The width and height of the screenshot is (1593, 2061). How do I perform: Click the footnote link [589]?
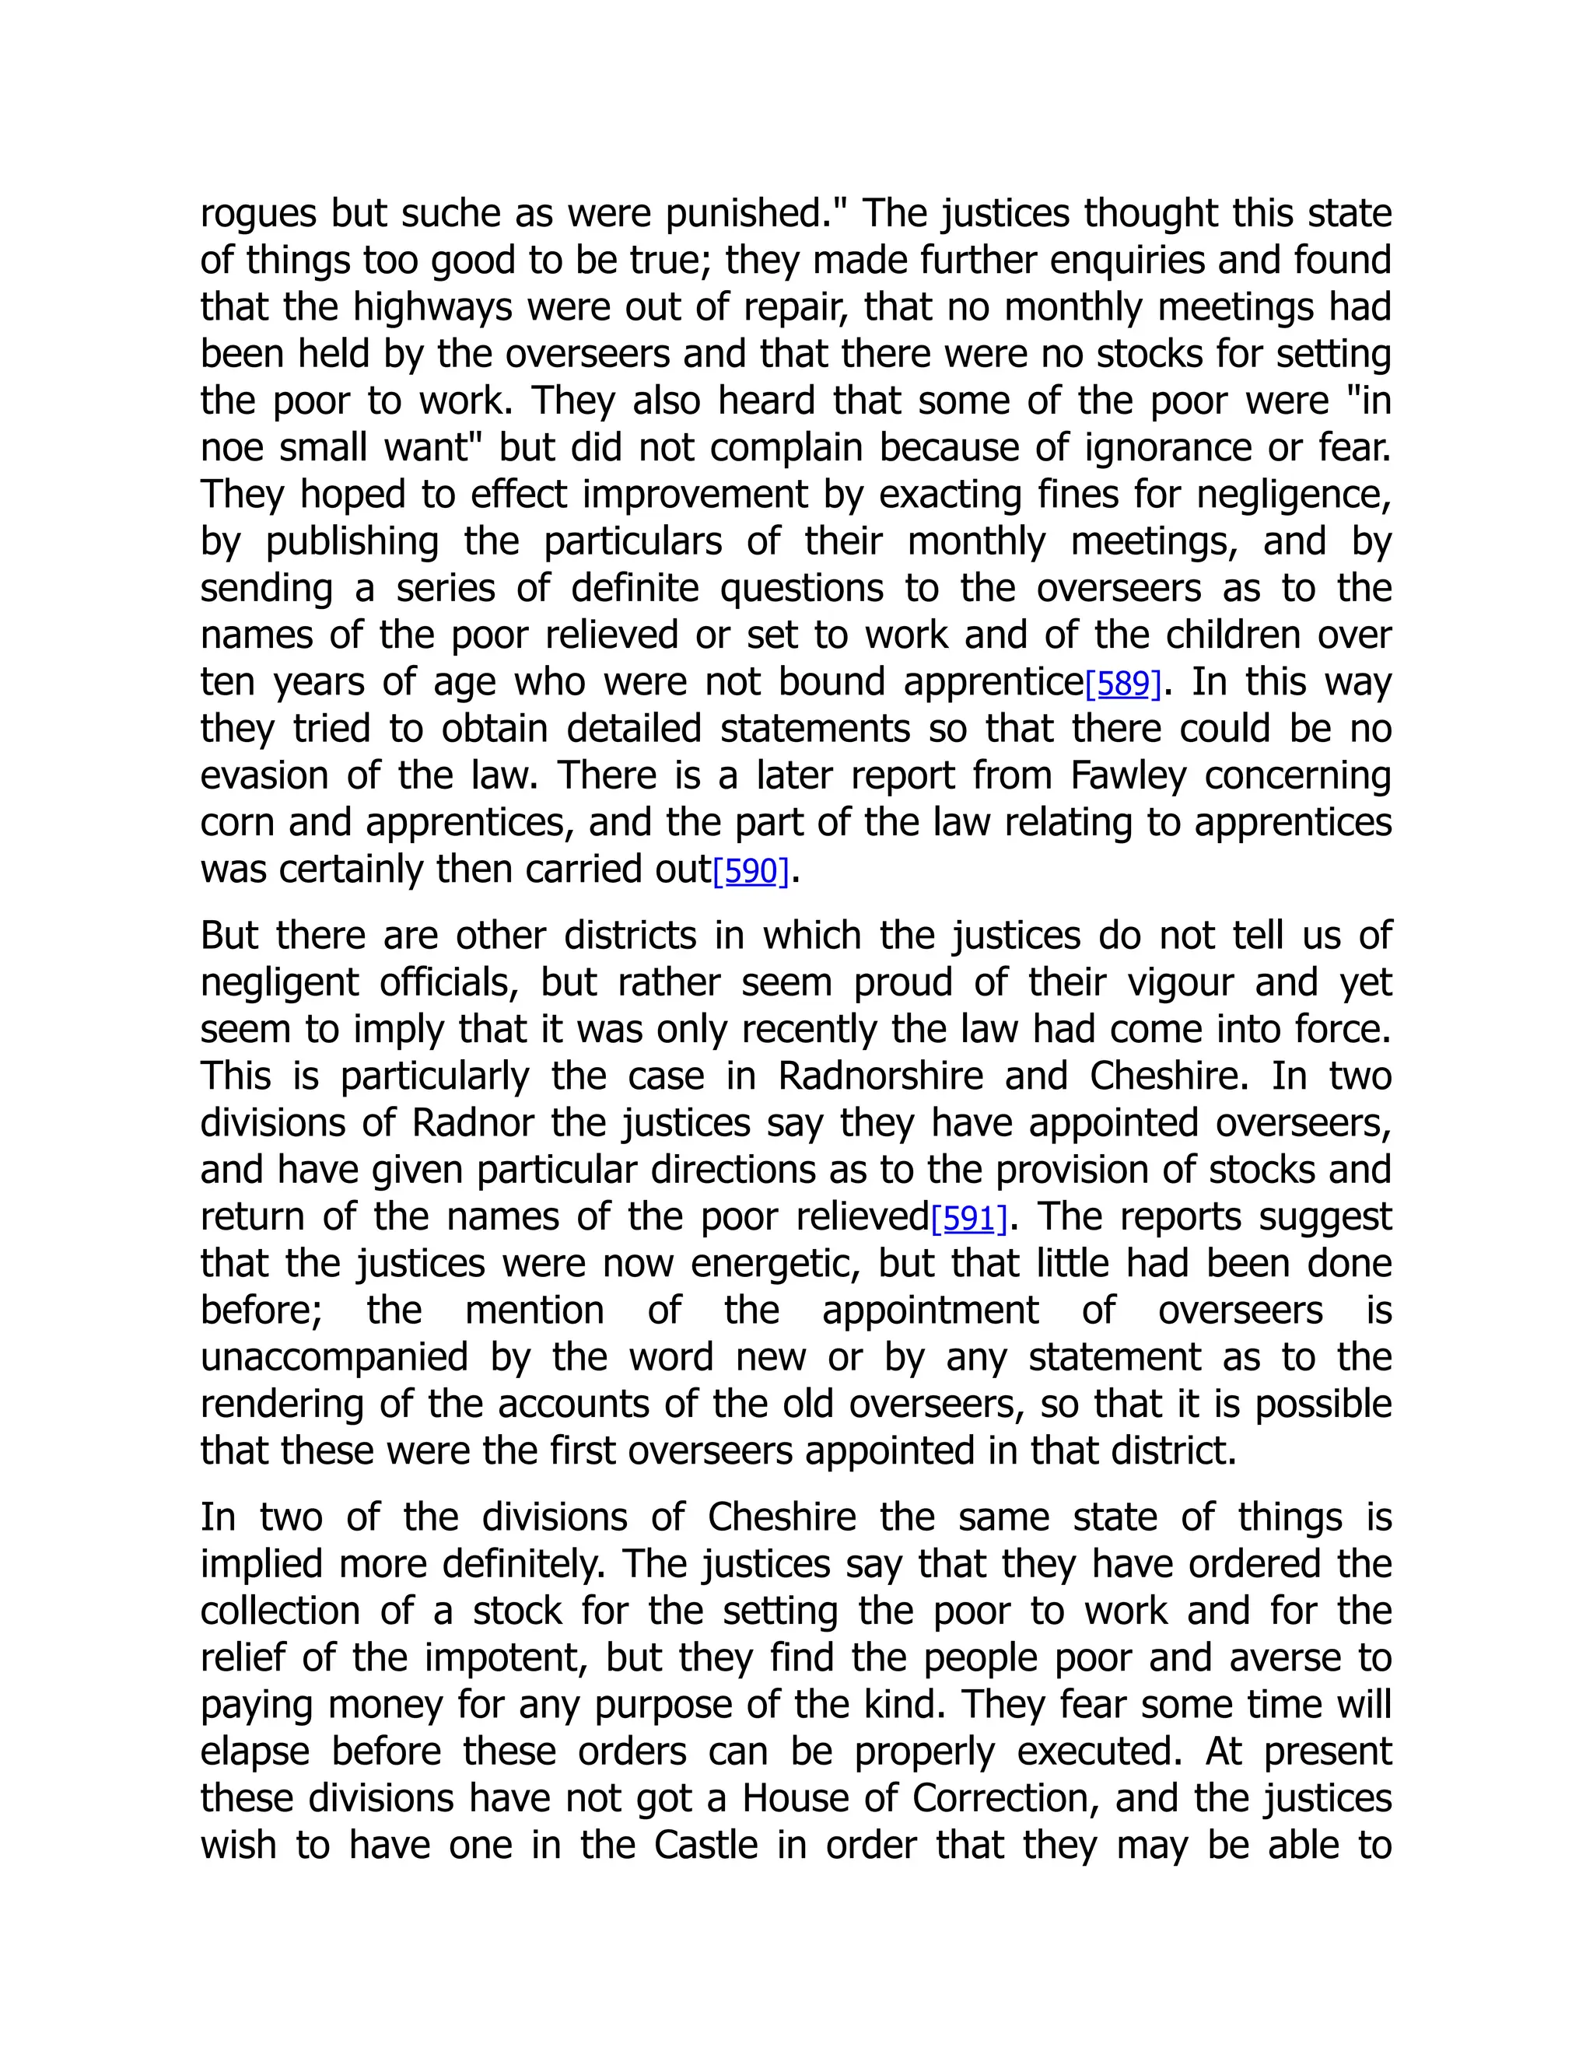click(x=1123, y=683)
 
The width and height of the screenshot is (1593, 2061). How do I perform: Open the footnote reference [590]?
click(x=751, y=871)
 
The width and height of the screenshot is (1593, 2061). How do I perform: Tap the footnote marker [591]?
click(x=969, y=1218)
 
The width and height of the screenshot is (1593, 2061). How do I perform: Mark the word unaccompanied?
click(x=334, y=1358)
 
